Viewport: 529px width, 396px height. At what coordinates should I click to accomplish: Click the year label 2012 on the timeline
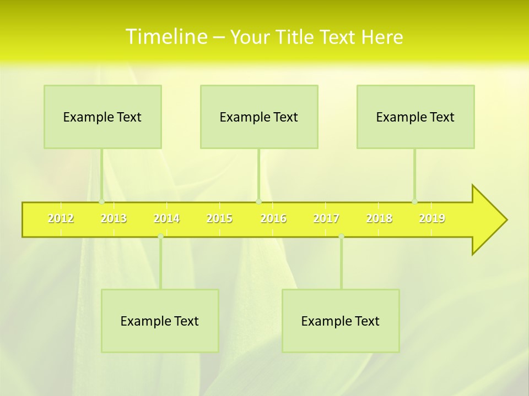click(x=61, y=218)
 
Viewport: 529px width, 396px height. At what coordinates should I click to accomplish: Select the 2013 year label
click(x=114, y=218)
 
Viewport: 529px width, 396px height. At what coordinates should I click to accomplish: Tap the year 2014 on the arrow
click(x=166, y=218)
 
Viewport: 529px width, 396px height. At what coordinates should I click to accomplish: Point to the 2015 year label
click(x=219, y=218)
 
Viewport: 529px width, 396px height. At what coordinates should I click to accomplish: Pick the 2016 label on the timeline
click(x=273, y=218)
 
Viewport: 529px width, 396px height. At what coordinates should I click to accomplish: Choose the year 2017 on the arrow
click(x=326, y=218)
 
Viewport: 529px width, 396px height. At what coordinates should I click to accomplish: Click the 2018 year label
click(x=379, y=218)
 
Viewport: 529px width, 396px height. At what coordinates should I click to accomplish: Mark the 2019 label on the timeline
click(x=432, y=218)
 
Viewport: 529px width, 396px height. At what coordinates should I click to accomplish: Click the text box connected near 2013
click(x=102, y=117)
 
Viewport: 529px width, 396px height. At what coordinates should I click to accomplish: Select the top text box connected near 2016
click(x=259, y=117)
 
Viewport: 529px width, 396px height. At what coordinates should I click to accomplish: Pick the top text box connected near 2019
click(x=415, y=117)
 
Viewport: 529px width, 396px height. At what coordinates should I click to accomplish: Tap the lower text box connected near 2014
click(x=160, y=321)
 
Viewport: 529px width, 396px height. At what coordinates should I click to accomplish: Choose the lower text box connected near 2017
click(x=341, y=321)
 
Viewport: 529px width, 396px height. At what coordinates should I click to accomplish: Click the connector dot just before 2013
click(x=101, y=201)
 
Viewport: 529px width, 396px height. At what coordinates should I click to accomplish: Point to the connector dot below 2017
click(x=341, y=236)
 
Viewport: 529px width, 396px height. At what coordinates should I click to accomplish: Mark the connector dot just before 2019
click(x=414, y=201)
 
